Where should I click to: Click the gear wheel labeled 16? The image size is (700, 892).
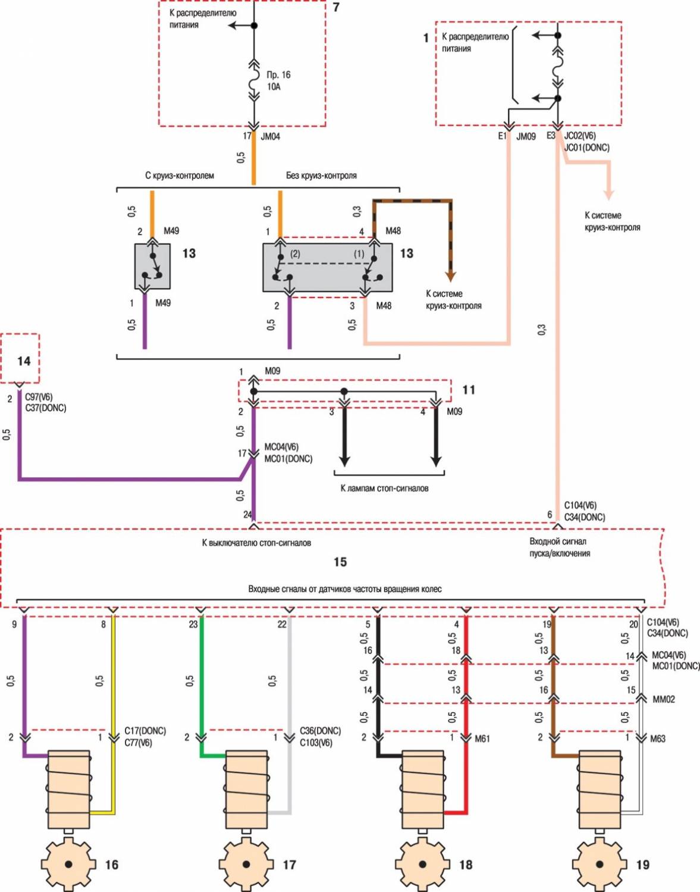[x=68, y=863]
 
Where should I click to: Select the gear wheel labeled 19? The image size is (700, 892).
[x=599, y=863]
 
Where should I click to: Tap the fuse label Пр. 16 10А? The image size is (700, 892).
[x=278, y=81]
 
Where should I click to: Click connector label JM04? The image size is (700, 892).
[x=270, y=136]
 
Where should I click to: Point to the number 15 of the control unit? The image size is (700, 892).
[x=340, y=562]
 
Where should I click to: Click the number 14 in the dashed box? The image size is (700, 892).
[x=24, y=361]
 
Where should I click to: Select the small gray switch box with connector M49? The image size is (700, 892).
[x=152, y=267]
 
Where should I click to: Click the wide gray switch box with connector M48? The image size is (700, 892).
[x=327, y=267]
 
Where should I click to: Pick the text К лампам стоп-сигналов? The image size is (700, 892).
[x=384, y=488]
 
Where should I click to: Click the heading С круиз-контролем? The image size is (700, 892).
[x=180, y=176]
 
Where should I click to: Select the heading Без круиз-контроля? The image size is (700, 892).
[x=321, y=176]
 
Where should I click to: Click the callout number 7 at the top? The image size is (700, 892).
[x=336, y=8]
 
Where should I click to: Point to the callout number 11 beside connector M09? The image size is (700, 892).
[x=469, y=390]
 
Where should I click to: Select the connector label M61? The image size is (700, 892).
[x=482, y=738]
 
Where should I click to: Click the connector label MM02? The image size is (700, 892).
[x=664, y=699]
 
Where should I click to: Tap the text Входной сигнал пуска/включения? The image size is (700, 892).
[x=559, y=547]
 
